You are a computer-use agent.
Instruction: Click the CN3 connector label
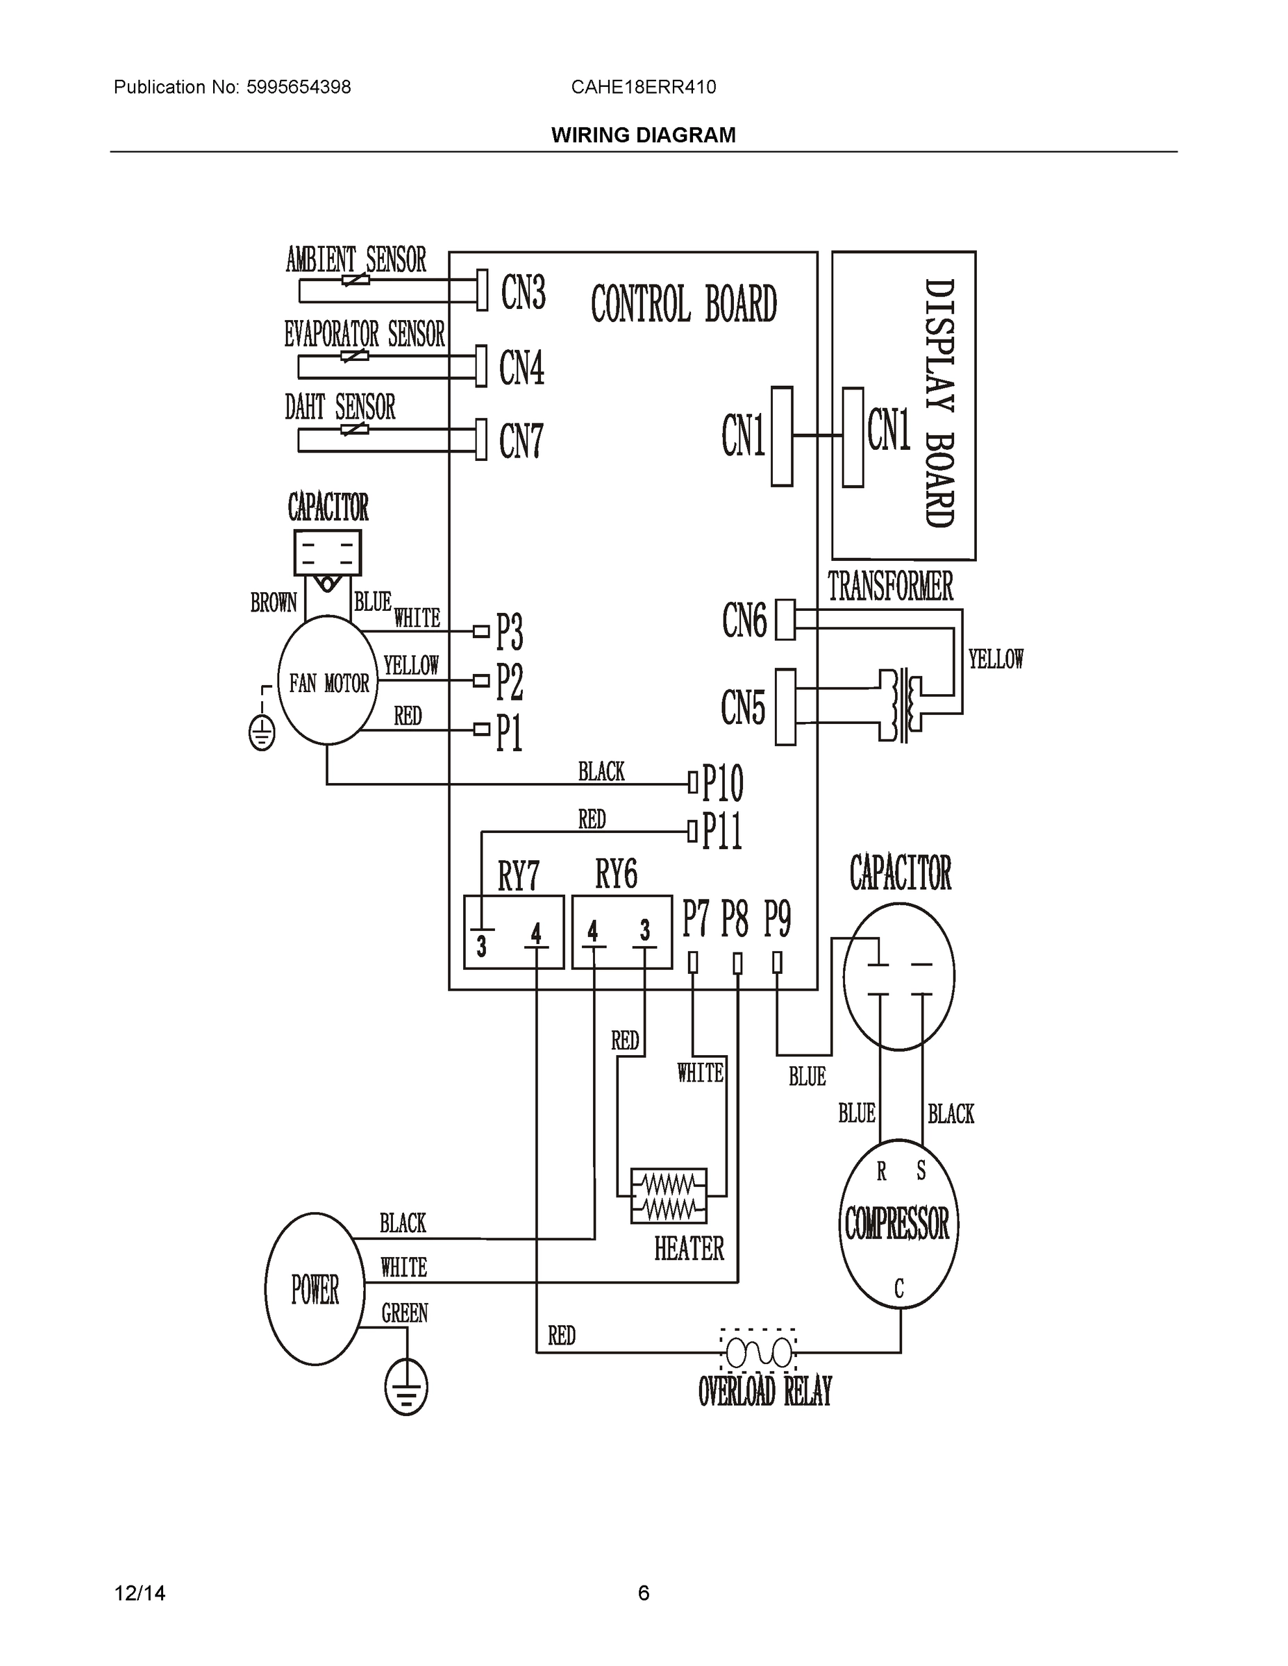click(524, 292)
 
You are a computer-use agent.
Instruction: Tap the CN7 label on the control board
click(521, 441)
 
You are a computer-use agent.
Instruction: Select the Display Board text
click(939, 403)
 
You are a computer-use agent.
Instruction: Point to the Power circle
click(315, 1289)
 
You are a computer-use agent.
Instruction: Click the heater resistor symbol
click(669, 1196)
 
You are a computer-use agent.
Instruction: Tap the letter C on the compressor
click(899, 1288)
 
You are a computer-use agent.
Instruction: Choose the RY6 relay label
click(616, 874)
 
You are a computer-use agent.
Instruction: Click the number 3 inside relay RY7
click(481, 947)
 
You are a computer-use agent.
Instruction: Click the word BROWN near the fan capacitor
click(273, 603)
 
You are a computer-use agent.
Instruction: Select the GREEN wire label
click(404, 1313)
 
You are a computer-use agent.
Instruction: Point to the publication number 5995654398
click(299, 87)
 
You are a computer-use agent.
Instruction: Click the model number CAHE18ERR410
click(643, 87)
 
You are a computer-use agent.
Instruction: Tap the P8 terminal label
click(735, 919)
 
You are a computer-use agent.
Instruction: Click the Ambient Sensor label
click(356, 260)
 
